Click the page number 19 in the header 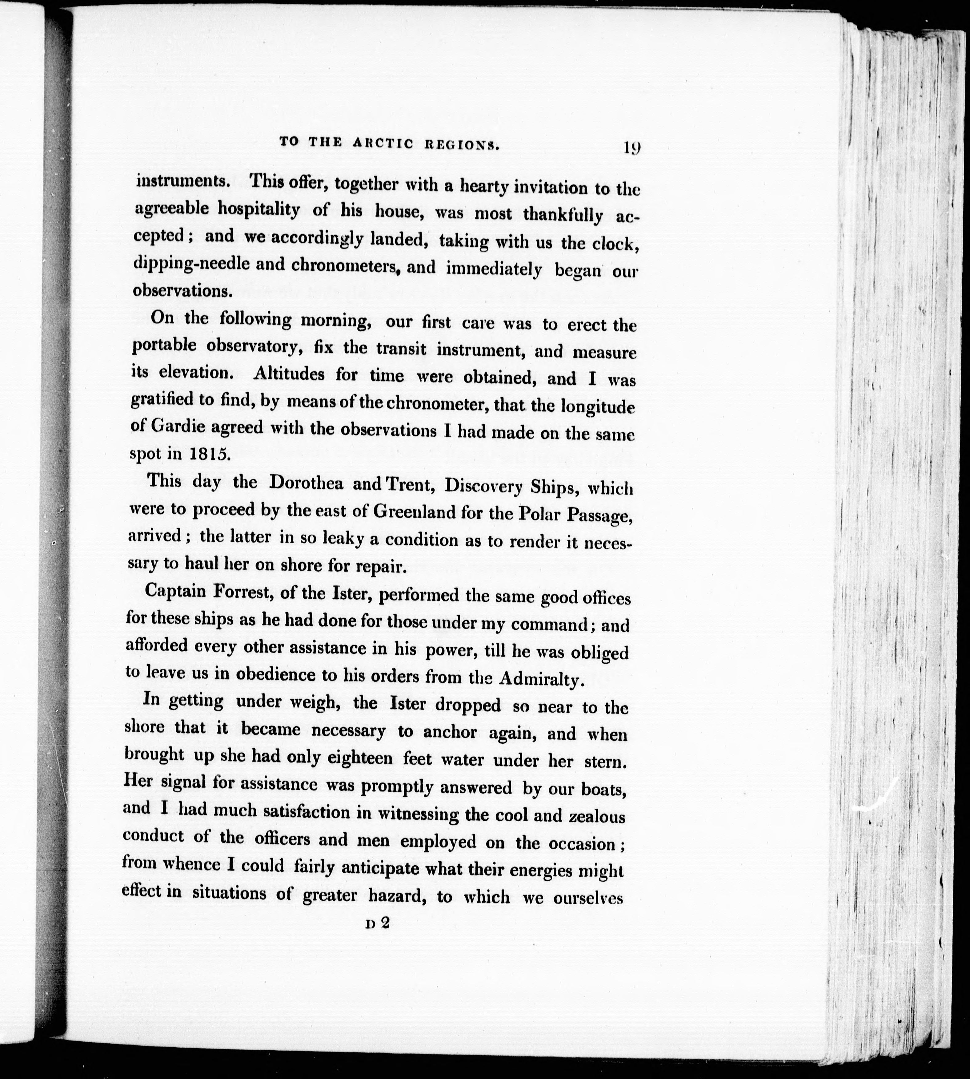[631, 148]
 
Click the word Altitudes [289, 373]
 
